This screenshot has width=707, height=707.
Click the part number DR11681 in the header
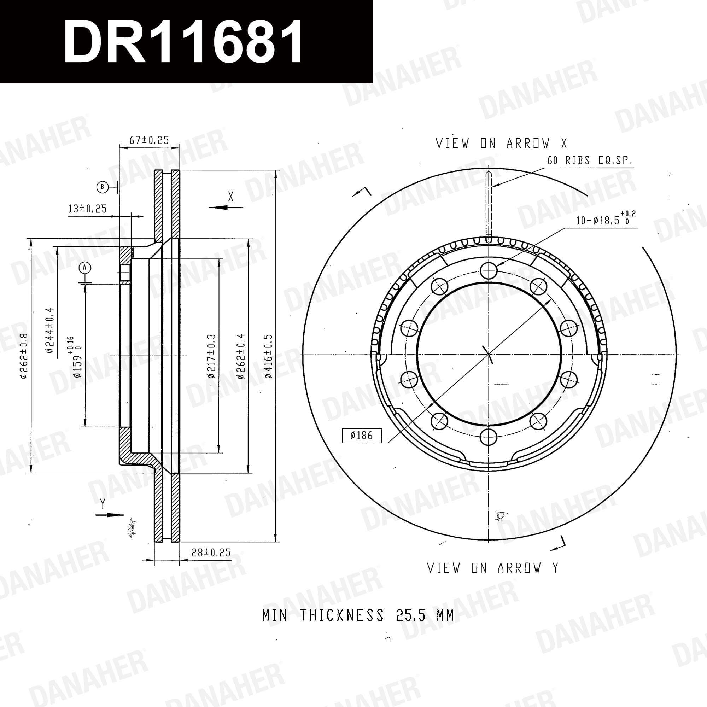pyautogui.click(x=183, y=41)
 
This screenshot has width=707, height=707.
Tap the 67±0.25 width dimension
pyautogui.click(x=149, y=140)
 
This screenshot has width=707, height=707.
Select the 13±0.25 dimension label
pyautogui.click(x=87, y=209)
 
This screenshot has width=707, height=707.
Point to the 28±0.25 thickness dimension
pyautogui.click(x=211, y=553)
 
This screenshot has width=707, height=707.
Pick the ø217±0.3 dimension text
pyautogui.click(x=211, y=356)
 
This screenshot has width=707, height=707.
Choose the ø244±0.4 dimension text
pyautogui.click(x=50, y=331)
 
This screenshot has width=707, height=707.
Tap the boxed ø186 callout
pyautogui.click(x=362, y=436)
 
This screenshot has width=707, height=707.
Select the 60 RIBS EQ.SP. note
pyautogui.click(x=590, y=160)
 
